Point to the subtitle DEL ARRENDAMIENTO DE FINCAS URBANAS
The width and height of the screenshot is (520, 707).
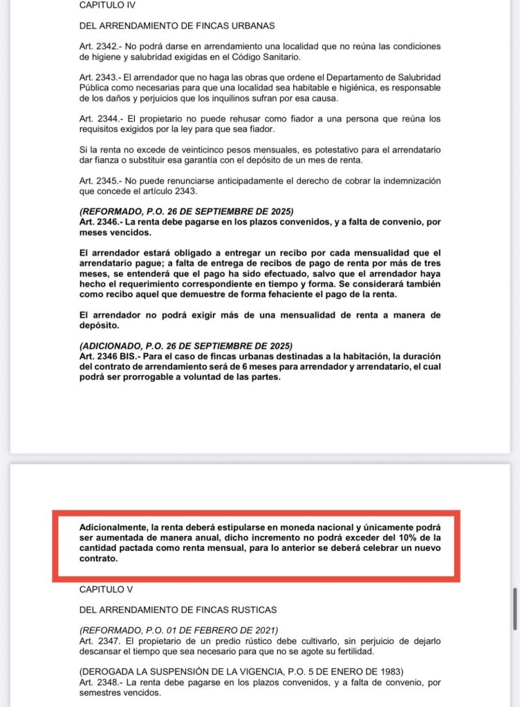tap(177, 26)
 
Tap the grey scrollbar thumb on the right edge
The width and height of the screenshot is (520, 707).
tap(514, 608)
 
